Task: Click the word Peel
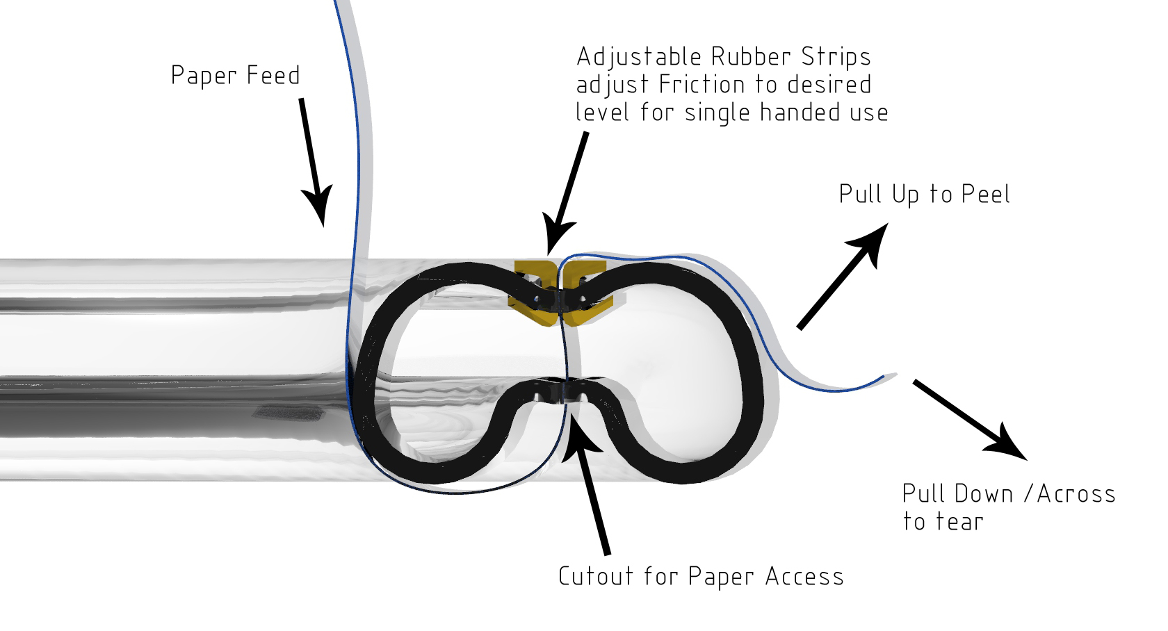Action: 985,194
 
